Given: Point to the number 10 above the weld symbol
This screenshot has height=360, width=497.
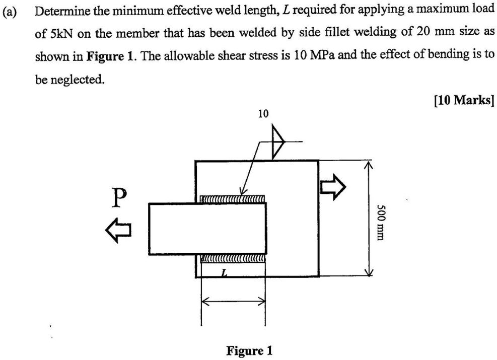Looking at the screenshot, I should [x=263, y=114].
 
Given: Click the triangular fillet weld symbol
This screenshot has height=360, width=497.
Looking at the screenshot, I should [x=276, y=141].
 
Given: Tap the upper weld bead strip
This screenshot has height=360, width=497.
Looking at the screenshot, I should [x=233, y=199].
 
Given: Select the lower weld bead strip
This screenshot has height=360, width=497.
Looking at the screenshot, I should [x=233, y=259].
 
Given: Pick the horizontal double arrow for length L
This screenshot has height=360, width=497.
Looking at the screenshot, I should [x=233, y=301].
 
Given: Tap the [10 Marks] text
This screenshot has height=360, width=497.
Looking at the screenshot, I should [x=463, y=100].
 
